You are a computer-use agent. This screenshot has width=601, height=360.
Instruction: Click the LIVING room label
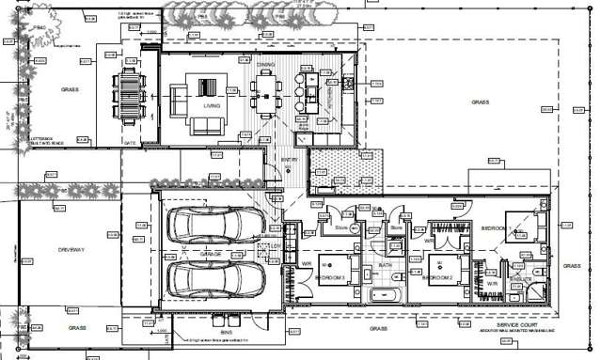click(212, 106)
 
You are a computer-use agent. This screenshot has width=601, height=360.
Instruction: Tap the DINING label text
click(265, 64)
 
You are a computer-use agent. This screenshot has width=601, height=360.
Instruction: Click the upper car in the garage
click(215, 227)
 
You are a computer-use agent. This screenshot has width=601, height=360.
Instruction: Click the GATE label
click(130, 140)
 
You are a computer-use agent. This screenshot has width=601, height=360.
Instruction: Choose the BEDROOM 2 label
click(438, 278)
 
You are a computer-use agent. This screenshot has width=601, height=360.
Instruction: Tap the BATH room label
click(385, 265)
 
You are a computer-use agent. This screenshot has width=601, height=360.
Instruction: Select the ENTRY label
click(289, 161)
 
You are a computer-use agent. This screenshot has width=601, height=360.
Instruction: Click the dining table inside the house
click(266, 94)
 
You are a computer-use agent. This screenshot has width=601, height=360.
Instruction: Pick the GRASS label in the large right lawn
click(480, 102)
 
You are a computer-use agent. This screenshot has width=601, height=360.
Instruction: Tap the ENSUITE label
click(522, 279)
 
